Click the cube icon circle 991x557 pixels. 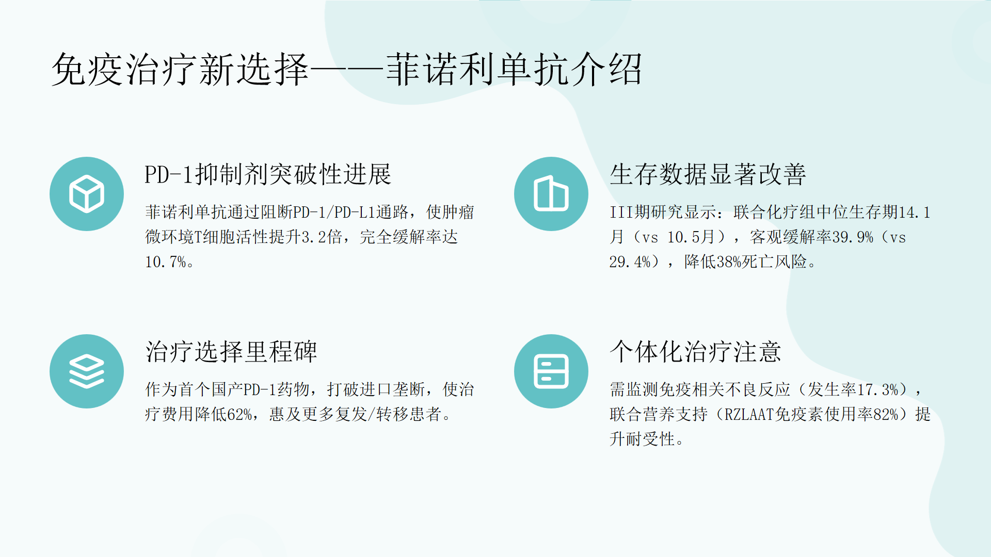click(x=87, y=194)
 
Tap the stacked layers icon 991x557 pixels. click(x=87, y=371)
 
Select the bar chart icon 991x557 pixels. click(x=551, y=194)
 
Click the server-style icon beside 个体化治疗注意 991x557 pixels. click(x=551, y=371)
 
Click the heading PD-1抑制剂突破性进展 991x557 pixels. click(x=268, y=174)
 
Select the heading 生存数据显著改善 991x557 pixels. click(x=708, y=174)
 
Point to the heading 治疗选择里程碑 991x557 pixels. click(x=231, y=352)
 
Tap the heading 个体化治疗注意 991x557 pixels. click(x=695, y=352)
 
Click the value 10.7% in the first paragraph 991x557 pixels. click(x=166, y=262)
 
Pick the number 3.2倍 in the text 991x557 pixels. click(x=322, y=237)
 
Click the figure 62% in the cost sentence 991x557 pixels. click(x=239, y=414)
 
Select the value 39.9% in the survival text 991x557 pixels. click(x=852, y=237)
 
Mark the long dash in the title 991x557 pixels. click(x=347, y=70)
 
